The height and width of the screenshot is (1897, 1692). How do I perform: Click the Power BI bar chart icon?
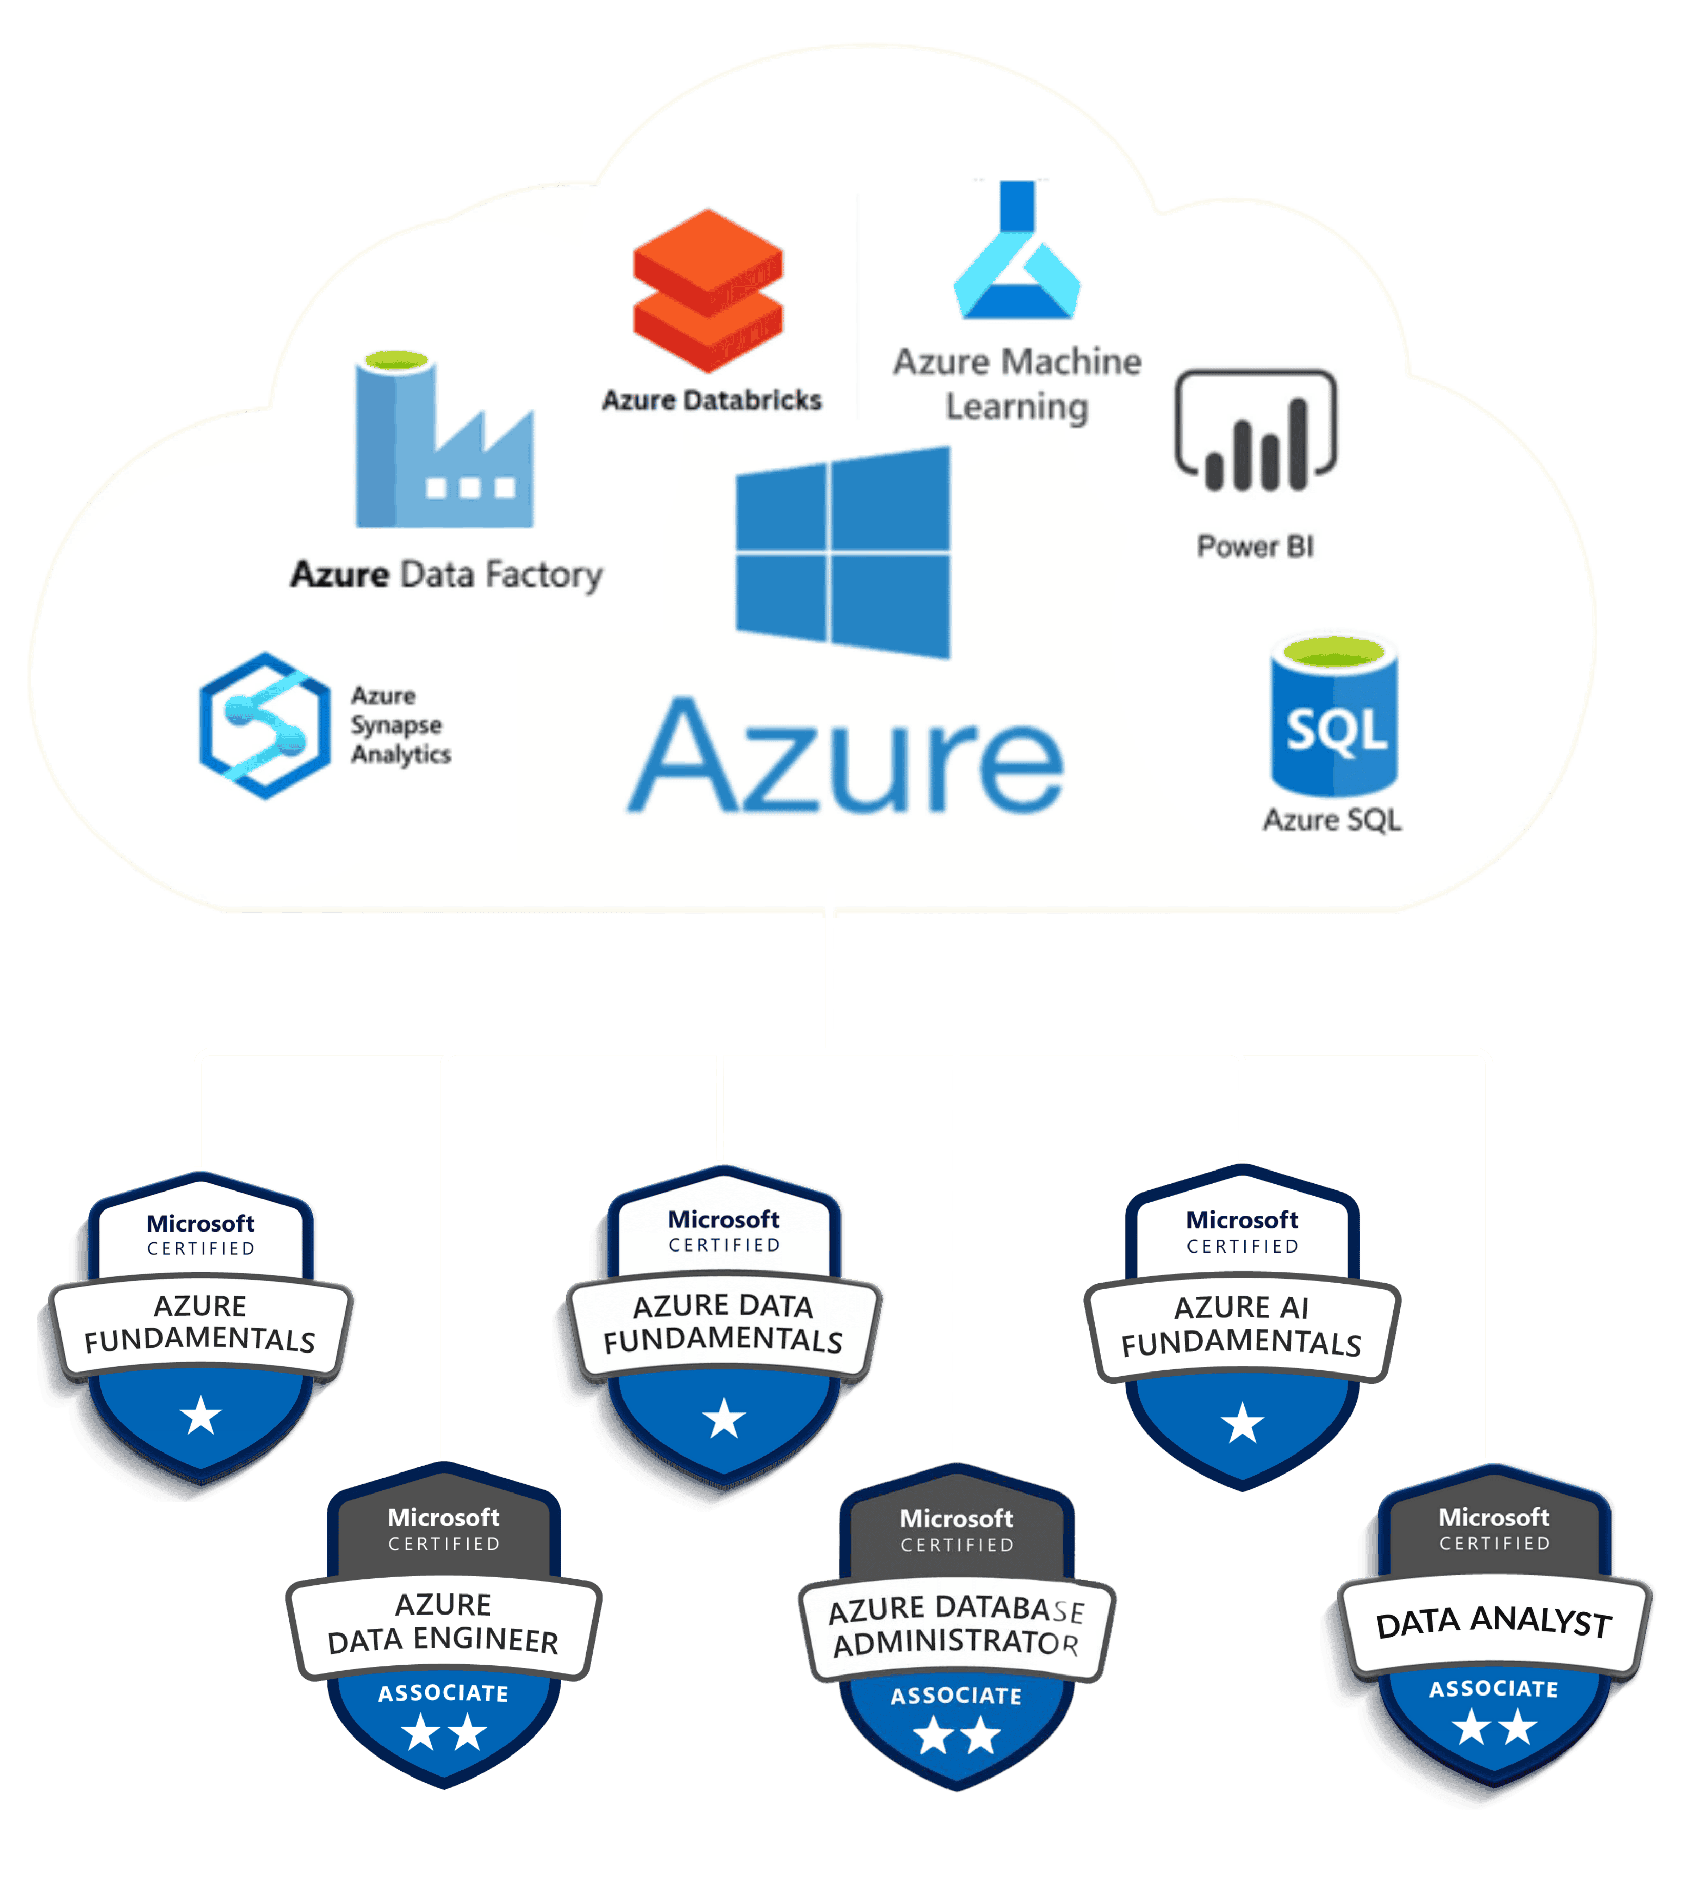click(x=1255, y=430)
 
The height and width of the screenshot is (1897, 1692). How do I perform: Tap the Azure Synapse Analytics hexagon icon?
click(x=265, y=725)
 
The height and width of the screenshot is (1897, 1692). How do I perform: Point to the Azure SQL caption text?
click(x=1331, y=820)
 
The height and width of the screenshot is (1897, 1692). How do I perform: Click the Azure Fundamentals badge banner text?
click(x=200, y=1323)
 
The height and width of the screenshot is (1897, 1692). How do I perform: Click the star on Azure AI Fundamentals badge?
click(x=1242, y=1422)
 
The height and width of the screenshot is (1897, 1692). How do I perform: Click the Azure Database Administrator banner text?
click(x=956, y=1626)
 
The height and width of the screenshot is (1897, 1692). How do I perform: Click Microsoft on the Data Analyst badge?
click(x=1493, y=1518)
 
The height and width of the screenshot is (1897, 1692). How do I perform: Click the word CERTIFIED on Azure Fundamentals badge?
click(x=201, y=1248)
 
